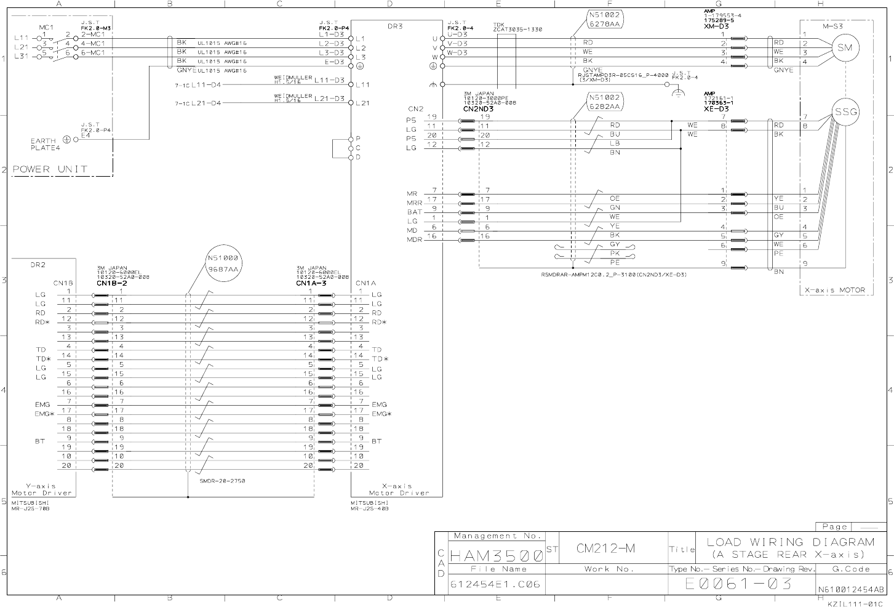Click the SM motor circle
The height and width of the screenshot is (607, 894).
[845, 48]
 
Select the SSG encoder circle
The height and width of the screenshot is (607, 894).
[845, 112]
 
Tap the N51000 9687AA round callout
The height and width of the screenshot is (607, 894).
[223, 263]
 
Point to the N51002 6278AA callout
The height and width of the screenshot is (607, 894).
[605, 19]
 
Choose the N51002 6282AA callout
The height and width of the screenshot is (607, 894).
[605, 102]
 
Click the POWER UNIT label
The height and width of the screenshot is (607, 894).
[50, 169]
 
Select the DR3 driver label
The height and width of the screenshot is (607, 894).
[395, 26]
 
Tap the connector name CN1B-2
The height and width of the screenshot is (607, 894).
[111, 283]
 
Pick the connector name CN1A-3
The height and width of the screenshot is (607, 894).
[311, 283]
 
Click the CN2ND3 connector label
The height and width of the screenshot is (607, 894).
[478, 108]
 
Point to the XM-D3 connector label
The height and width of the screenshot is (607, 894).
[716, 25]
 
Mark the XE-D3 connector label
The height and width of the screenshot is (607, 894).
[716, 108]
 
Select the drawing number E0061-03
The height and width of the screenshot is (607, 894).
[738, 583]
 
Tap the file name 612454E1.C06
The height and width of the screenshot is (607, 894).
[495, 584]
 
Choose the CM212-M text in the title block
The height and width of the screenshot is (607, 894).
[605, 548]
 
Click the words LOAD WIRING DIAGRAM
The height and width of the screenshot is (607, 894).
[790, 542]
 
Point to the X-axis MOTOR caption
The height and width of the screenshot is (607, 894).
[835, 290]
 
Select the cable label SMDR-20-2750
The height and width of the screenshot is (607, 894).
[222, 481]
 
